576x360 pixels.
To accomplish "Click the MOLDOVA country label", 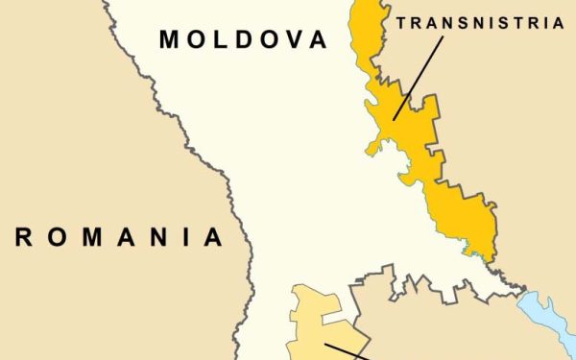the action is pos(242,39).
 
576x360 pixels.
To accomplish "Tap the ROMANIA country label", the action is pos(119,237).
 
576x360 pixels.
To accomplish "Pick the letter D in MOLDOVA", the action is pos(243,39).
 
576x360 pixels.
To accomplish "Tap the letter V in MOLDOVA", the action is pos(293,39).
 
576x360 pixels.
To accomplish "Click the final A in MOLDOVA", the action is pos(317,39).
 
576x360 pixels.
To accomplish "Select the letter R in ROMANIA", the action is pos(22,237).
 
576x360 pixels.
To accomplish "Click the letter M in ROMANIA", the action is pos(85,237).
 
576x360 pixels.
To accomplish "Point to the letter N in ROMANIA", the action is pos(153,237).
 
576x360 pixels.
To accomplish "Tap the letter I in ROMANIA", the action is pos(182,237).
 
